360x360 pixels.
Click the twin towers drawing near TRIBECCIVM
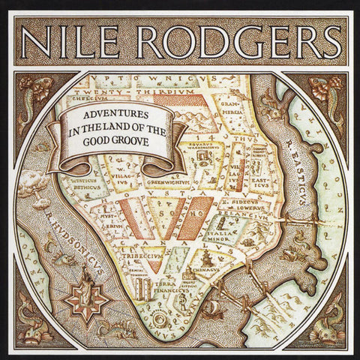(x=145, y=286)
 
